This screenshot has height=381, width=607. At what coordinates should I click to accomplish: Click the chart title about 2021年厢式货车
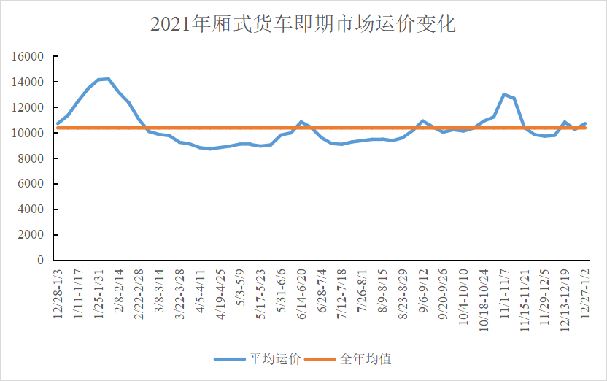coord(303,24)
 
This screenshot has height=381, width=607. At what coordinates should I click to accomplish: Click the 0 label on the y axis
coord(40,261)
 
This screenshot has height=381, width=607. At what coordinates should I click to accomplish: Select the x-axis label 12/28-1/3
coord(58,290)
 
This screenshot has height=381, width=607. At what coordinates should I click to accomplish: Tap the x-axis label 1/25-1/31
coord(99,290)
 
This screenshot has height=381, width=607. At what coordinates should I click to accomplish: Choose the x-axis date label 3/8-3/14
coord(159,290)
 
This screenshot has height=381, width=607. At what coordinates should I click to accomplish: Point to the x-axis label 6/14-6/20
coord(301,290)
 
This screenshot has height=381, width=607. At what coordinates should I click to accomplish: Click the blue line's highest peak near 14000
coord(108,79)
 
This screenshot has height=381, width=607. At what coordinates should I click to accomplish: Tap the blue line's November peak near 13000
coord(504,94)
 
